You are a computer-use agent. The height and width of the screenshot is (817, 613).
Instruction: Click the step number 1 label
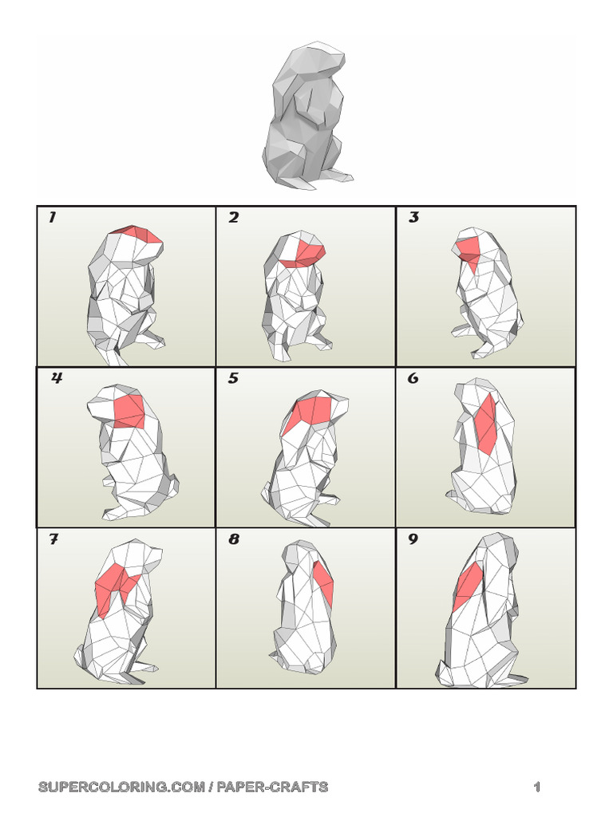click(52, 218)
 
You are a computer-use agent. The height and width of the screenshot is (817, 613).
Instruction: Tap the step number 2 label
click(233, 218)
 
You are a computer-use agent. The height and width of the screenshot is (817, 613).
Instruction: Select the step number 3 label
click(413, 218)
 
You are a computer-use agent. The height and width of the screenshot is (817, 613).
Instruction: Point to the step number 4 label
click(57, 379)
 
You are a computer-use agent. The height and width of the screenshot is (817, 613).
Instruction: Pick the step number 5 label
click(233, 379)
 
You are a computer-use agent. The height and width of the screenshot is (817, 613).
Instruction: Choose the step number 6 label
click(413, 379)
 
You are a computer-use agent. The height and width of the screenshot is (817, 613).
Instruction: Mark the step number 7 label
click(53, 540)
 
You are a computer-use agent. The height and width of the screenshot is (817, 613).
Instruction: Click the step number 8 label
click(233, 540)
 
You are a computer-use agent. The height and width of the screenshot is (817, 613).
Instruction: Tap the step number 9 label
click(413, 540)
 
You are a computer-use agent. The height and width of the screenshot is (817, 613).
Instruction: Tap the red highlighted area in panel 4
click(129, 410)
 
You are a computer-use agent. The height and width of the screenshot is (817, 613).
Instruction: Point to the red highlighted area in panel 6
click(486, 424)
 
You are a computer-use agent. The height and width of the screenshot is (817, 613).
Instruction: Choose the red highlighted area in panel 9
click(467, 586)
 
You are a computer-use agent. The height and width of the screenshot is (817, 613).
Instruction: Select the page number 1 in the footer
click(537, 787)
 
